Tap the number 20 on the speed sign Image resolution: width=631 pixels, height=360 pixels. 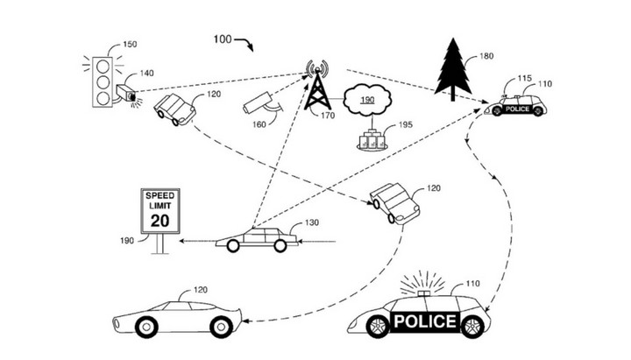pyautogui.click(x=160, y=220)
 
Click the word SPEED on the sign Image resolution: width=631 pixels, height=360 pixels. pyautogui.click(x=160, y=194)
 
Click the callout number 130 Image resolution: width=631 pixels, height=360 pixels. pyautogui.click(x=311, y=223)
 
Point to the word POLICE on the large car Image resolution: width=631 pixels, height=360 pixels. pyautogui.click(x=425, y=321)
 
